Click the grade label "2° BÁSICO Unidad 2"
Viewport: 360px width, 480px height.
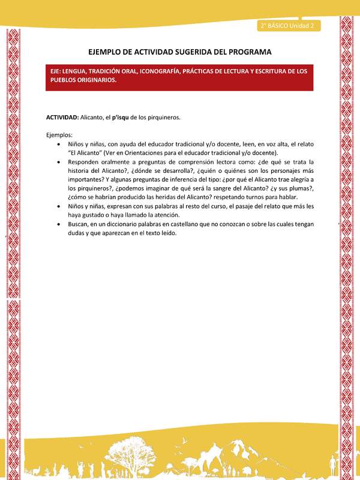289,25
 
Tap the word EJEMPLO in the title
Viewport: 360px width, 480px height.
108,52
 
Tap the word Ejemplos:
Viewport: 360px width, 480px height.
59,135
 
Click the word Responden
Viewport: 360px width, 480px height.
85,162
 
